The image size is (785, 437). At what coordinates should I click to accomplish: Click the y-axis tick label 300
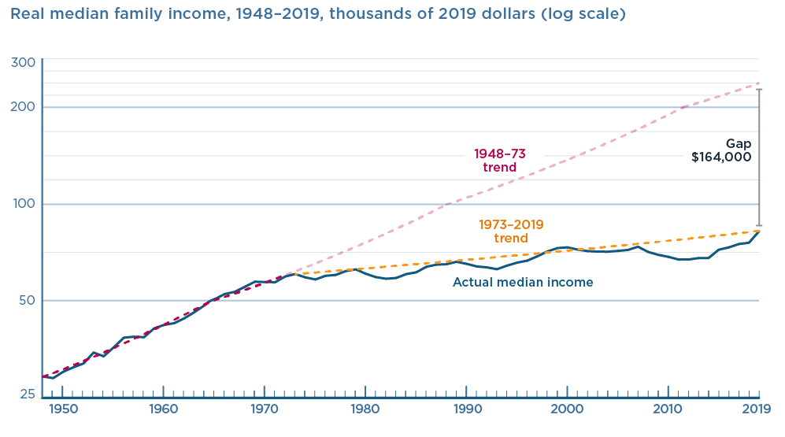25,63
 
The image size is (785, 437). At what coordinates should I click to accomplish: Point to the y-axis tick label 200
25,107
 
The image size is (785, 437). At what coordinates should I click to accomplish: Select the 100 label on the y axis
25,204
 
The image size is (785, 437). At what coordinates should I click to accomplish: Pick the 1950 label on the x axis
62,409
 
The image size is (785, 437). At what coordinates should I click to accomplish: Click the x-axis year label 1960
163,409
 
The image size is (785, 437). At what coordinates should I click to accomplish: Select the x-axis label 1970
264,409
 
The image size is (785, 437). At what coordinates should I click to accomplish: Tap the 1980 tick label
365,409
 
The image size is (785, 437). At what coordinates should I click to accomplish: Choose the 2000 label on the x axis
567,409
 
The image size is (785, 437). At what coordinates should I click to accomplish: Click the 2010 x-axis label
668,409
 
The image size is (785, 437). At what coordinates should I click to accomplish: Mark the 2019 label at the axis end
756,409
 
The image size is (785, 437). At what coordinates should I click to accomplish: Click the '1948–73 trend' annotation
500,161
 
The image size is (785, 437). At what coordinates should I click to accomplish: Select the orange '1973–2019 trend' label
511,231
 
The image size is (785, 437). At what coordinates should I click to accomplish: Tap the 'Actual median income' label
523,282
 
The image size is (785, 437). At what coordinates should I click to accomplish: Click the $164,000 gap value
721,157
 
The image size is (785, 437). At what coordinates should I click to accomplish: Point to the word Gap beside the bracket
739,143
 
